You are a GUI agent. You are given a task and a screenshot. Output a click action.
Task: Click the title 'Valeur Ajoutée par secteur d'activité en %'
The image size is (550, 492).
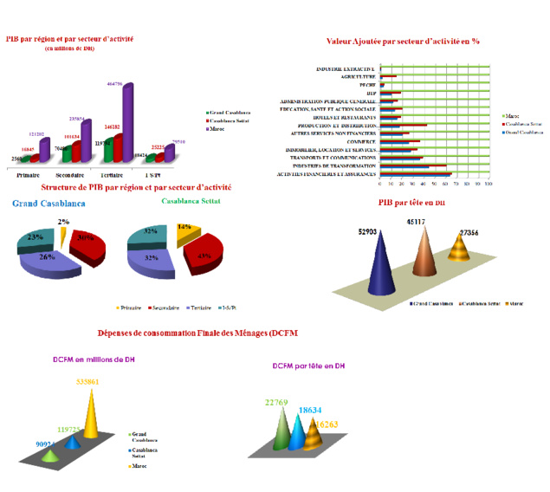click(403, 41)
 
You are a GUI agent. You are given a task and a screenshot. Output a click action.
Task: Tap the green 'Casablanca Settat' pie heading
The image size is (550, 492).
click(193, 201)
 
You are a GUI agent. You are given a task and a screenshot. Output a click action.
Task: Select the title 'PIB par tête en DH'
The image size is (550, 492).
click(411, 202)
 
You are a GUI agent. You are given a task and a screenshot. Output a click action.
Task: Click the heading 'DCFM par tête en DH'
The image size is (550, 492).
click(307, 366)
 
